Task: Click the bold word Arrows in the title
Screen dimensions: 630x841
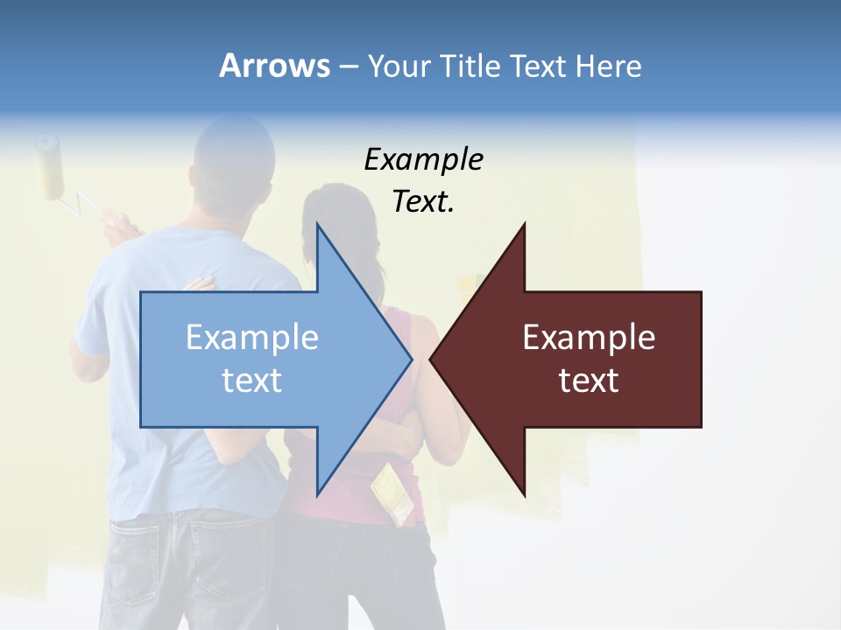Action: pos(274,66)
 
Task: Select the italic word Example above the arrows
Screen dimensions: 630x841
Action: pos(423,160)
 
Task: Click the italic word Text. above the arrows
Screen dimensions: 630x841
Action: pos(423,202)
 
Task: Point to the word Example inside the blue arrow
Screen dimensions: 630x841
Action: pos(251,337)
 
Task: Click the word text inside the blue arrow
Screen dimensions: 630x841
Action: pos(251,380)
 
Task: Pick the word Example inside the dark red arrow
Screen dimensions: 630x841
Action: pos(589,337)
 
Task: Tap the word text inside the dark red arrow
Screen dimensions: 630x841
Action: pos(589,380)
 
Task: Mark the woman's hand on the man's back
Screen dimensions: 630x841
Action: pos(201,283)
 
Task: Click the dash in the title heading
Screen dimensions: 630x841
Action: pos(348,66)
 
